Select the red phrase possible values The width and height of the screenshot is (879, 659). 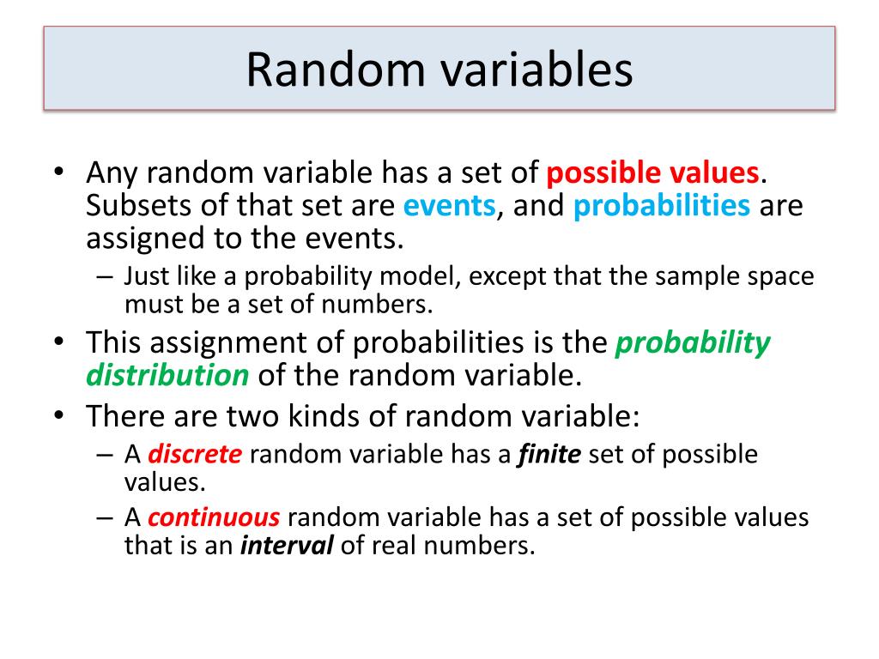(652, 174)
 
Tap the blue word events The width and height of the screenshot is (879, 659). (450, 207)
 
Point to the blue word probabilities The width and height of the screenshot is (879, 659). (662, 207)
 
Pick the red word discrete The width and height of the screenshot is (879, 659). (196, 454)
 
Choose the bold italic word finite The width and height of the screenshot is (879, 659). (549, 454)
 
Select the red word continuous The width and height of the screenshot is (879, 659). (214, 518)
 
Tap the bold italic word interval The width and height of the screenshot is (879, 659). (287, 546)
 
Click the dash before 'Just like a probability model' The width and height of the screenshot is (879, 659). (104, 276)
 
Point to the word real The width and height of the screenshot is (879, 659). (401, 546)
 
